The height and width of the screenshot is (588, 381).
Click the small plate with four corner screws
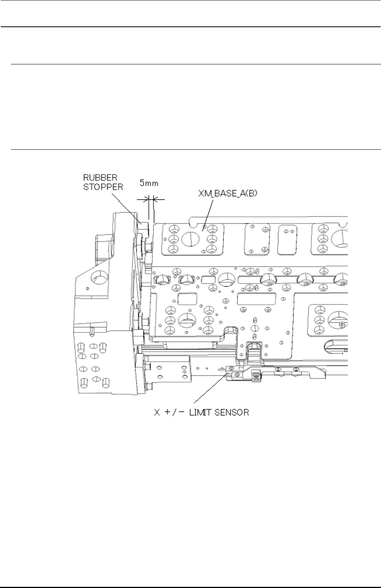point(256,240)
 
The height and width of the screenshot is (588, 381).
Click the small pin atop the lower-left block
point(92,331)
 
